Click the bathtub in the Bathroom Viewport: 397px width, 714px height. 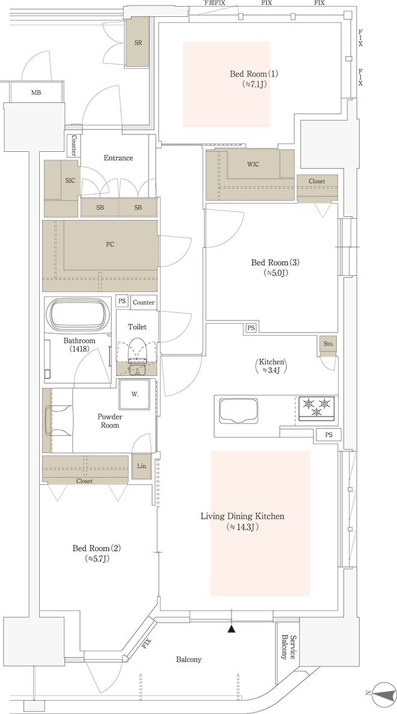point(78,314)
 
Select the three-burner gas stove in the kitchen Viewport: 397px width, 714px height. point(316,408)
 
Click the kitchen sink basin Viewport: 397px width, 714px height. point(238,411)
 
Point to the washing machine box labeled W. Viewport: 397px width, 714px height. point(135,394)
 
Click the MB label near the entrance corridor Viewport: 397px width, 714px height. point(36,93)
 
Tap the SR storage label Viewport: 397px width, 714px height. point(138,43)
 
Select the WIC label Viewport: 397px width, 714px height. point(253,164)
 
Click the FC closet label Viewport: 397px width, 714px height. point(110,245)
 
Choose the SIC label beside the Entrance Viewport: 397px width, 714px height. point(70,180)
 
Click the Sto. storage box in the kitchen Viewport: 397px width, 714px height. point(328,345)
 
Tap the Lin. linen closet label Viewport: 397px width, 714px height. point(141,466)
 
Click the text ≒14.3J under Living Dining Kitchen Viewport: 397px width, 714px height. point(242,527)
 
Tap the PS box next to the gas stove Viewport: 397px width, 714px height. point(329,435)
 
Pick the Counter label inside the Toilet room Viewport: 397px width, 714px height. point(144,302)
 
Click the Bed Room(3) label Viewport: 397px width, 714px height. point(276,263)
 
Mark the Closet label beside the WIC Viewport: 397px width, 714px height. point(317,181)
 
